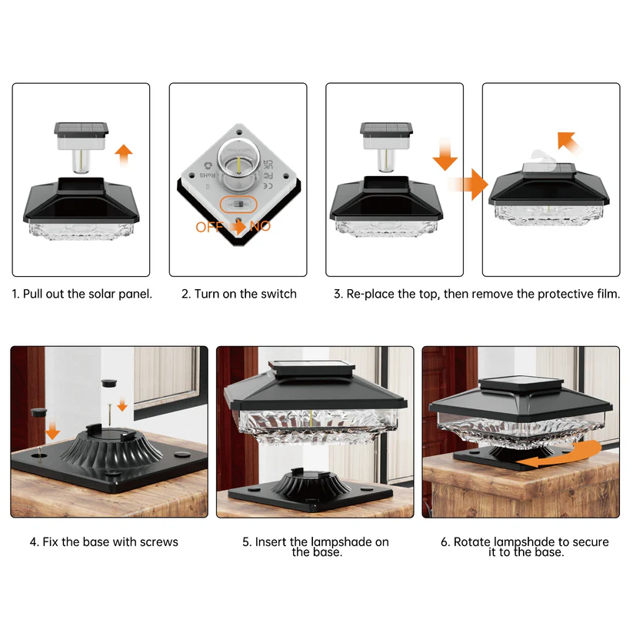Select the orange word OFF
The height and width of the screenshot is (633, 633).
pos(210,227)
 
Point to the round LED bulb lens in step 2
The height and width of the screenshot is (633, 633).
pos(238,161)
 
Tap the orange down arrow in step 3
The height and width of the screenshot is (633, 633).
pos(445,154)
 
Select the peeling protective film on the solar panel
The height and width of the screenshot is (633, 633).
pos(538,159)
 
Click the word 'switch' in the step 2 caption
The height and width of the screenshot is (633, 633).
pos(277,294)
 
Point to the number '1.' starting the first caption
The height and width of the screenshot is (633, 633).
pos(16,294)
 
